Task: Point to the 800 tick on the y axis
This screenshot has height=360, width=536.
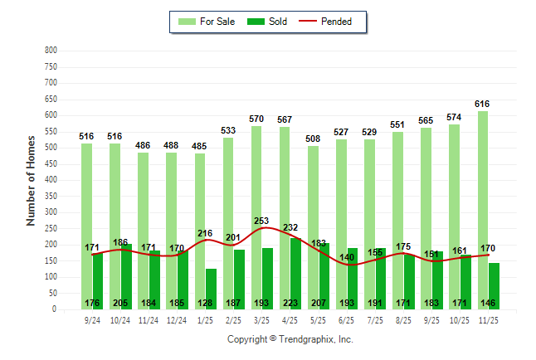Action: pyautogui.click(x=51, y=51)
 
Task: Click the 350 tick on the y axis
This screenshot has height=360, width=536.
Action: pyautogui.click(x=51, y=197)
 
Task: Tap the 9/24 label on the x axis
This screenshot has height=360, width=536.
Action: pyautogui.click(x=92, y=319)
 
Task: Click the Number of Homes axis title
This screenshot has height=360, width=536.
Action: pyautogui.click(x=32, y=180)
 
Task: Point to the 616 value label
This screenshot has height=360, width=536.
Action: pyautogui.click(x=483, y=104)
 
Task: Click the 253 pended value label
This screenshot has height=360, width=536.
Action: pyautogui.click(x=262, y=221)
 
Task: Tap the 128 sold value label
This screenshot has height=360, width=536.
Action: pyautogui.click(x=205, y=303)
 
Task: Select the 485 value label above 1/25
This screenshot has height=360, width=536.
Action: pyautogui.click(x=199, y=147)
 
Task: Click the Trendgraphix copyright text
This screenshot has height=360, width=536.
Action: pyautogui.click(x=290, y=339)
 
